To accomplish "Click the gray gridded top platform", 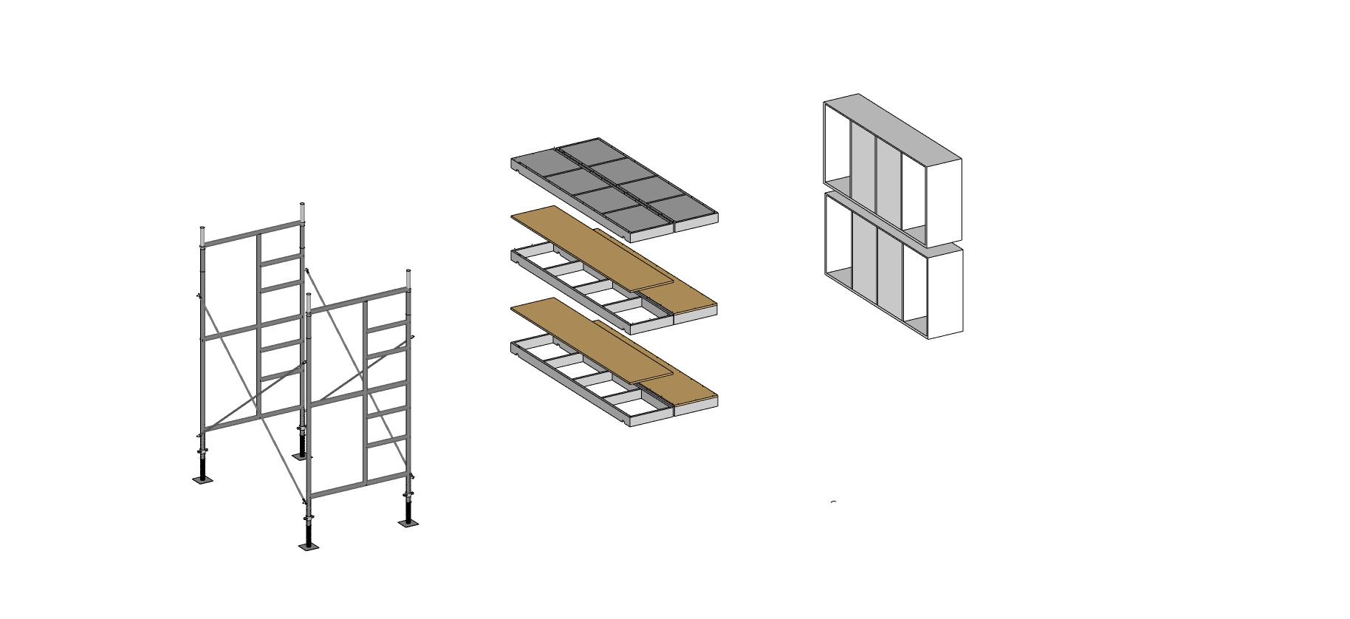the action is coord(613,185).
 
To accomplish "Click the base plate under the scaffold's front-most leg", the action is coord(309,547).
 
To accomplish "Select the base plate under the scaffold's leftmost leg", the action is coord(202,479).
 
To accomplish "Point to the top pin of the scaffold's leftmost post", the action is coord(203,235).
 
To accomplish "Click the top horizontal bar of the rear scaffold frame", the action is coord(251,233).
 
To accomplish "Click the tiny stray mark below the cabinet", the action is coord(834,502).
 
